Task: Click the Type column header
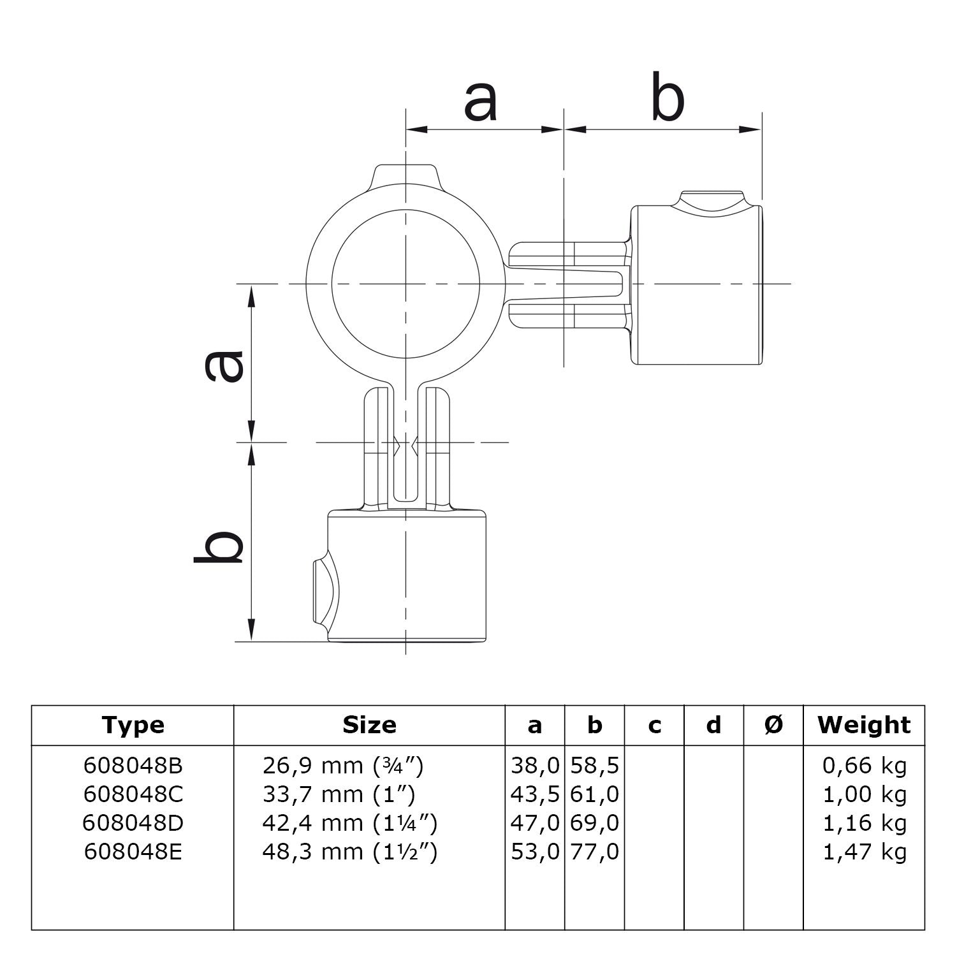(133, 725)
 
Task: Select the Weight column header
(864, 725)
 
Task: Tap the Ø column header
(773, 725)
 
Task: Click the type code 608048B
(133, 765)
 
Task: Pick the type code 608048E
(133, 852)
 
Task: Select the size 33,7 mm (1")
(339, 794)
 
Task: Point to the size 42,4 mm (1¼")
(349, 823)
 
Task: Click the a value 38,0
(535, 765)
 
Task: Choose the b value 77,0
(594, 852)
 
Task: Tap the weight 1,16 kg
(865, 823)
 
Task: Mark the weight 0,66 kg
(865, 765)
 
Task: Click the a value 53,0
(535, 852)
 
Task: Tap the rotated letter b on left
(219, 546)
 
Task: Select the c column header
(654, 725)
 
